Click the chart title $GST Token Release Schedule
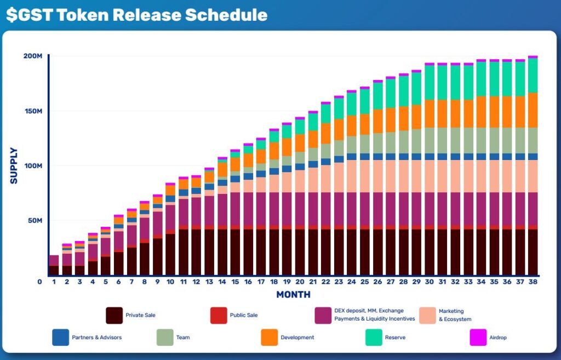(x=136, y=15)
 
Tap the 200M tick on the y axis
(x=32, y=56)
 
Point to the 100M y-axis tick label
(x=32, y=165)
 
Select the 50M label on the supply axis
(x=35, y=220)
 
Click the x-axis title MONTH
(x=293, y=295)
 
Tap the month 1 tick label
(x=54, y=282)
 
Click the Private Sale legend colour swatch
(x=114, y=315)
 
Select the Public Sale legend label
(x=244, y=315)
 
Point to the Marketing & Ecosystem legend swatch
(x=427, y=315)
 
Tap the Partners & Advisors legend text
(x=96, y=338)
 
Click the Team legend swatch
(x=165, y=338)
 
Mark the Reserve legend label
(x=395, y=338)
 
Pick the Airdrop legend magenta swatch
(x=478, y=338)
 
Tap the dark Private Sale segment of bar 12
(x=196, y=252)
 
